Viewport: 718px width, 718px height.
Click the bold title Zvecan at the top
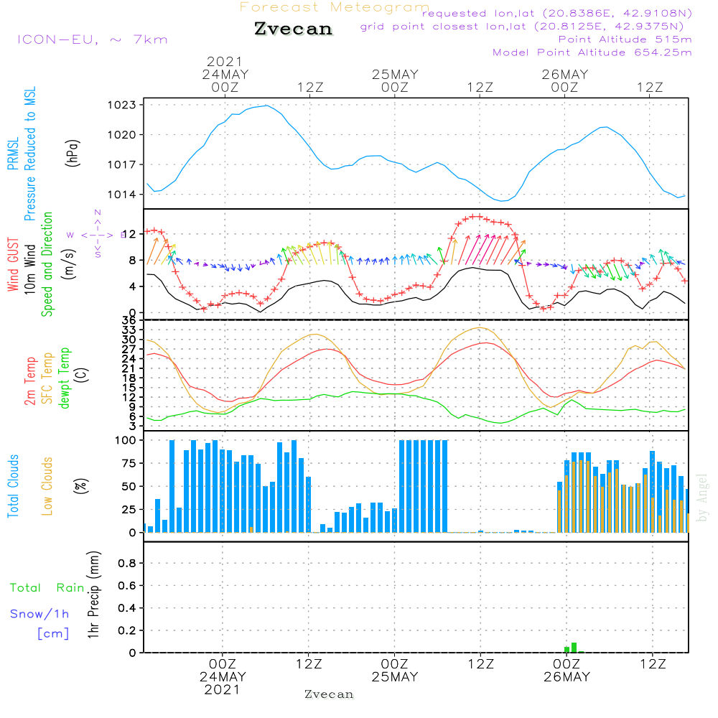(293, 29)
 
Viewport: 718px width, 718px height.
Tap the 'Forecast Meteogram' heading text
(335, 7)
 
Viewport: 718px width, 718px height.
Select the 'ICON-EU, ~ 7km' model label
(92, 39)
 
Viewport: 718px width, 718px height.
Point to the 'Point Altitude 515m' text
(625, 39)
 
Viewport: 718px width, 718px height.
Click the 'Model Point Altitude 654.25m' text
(592, 52)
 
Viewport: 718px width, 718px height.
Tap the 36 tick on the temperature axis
(128, 320)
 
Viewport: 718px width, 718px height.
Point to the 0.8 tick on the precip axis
(126, 563)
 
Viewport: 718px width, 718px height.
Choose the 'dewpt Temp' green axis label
(65, 379)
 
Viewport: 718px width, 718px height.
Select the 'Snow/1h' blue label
(39, 614)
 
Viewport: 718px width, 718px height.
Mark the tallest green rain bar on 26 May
(574, 647)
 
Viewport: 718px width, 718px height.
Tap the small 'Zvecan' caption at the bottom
(329, 694)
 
